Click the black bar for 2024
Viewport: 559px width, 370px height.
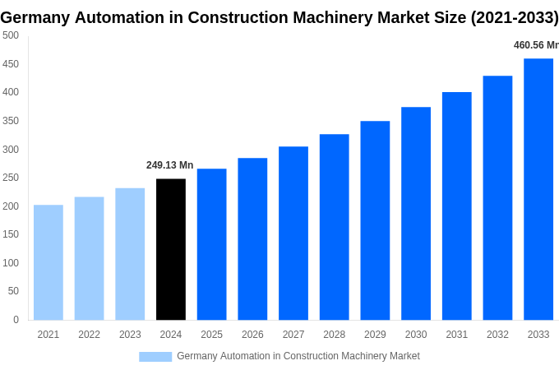(x=171, y=249)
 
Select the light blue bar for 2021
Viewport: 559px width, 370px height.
(x=49, y=262)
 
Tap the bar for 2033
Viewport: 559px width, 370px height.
(x=538, y=189)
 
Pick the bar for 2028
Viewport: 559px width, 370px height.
(x=335, y=227)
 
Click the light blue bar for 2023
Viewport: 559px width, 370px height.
(x=130, y=254)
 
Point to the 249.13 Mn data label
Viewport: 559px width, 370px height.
(x=170, y=165)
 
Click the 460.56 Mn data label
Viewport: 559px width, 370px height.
(x=535, y=45)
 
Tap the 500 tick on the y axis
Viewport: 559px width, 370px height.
(x=11, y=35)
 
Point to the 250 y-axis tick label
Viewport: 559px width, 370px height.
(x=11, y=178)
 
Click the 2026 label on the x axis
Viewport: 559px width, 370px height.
(x=252, y=335)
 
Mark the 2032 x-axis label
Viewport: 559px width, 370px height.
(x=497, y=335)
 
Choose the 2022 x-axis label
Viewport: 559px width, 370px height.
(x=89, y=335)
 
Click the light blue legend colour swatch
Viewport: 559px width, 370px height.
(x=155, y=357)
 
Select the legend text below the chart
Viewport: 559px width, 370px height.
(x=298, y=356)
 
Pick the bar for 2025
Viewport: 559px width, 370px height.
(x=212, y=244)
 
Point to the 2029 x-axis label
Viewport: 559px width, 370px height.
(x=375, y=335)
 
